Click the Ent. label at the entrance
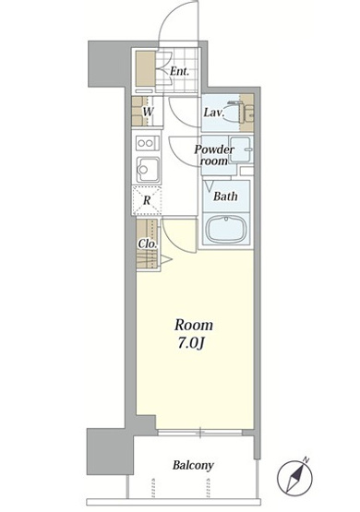(179, 71)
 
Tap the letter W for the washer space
(148, 112)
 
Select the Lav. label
(214, 113)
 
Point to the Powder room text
(214, 155)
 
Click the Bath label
(225, 196)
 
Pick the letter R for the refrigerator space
(147, 200)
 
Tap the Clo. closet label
(148, 244)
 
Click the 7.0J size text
(191, 344)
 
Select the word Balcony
(193, 465)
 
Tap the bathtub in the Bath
(225, 229)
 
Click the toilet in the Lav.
(236, 113)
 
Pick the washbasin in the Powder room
(240, 149)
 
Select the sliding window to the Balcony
(200, 433)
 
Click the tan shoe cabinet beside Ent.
(145, 69)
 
